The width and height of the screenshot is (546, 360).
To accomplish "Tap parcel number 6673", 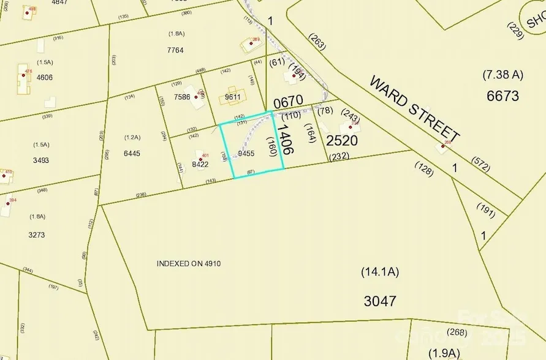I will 502,96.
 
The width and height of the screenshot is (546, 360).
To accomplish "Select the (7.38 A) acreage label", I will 502,75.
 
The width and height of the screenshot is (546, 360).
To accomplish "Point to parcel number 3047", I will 379,301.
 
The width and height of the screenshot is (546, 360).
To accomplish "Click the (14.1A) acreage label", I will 379,272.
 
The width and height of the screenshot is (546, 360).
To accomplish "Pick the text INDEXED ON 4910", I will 188,264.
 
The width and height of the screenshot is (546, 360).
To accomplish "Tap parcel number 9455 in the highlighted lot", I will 246,154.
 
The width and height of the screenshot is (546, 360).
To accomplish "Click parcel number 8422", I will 200,164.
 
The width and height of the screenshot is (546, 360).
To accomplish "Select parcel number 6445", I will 132,153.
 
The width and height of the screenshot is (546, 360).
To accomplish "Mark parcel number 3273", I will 37,234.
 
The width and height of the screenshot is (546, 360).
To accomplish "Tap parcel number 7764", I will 175,50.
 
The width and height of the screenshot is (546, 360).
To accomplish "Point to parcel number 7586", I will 182,97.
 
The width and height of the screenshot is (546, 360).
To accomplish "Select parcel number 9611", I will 233,96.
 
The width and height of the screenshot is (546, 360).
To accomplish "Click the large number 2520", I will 342,141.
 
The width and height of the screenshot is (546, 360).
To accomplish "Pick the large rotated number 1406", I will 285,139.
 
